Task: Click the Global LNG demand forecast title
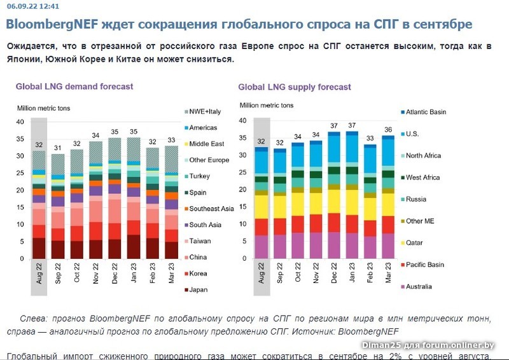tap(74, 87)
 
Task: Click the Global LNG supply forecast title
tap(295, 87)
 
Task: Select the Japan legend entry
tap(198, 290)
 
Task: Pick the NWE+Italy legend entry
tap(204, 111)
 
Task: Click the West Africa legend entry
tap(423, 177)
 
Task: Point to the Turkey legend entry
tap(199, 176)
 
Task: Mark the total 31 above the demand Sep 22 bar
tap(58, 148)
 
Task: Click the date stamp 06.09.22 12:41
tap(32, 6)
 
